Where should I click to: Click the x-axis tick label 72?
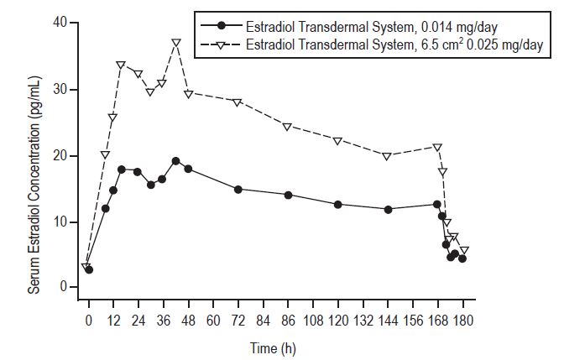click(238, 320)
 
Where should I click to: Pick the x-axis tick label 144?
click(388, 320)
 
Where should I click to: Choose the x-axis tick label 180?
click(462, 320)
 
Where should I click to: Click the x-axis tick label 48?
click(188, 320)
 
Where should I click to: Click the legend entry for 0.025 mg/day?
click(398, 44)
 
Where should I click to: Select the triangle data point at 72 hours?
click(238, 102)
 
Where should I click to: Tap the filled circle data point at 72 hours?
click(238, 190)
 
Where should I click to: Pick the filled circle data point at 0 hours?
click(89, 269)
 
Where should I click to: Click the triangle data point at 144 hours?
click(387, 156)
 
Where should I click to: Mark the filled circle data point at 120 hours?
click(337, 205)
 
